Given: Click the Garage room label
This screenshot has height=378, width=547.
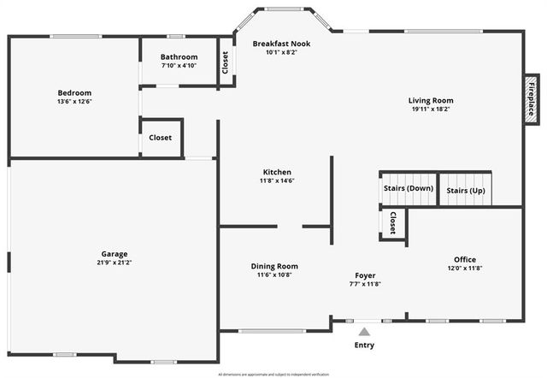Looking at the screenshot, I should (115, 254).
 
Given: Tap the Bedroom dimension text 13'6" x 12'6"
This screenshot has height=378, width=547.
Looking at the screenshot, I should (74, 102).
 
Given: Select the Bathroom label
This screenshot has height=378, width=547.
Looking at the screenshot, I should (179, 57).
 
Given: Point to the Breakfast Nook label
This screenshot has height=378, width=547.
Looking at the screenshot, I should (281, 44).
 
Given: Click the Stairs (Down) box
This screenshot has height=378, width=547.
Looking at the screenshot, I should (408, 188).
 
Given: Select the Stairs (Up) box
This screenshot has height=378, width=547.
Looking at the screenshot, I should (466, 189).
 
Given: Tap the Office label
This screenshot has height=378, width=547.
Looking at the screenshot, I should (465, 259).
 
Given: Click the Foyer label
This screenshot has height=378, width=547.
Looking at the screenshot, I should (365, 275).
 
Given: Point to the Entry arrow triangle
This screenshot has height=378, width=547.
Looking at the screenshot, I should (364, 331).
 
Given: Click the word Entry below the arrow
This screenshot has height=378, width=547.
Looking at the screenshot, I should (364, 346).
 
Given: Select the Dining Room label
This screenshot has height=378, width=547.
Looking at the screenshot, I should (274, 266).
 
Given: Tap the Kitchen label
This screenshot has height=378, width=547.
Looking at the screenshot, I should (277, 172).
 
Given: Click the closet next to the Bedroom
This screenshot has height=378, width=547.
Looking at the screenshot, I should (161, 138).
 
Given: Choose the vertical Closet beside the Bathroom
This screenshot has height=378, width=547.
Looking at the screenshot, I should (226, 62).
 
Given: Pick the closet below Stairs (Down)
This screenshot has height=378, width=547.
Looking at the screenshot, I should (392, 222).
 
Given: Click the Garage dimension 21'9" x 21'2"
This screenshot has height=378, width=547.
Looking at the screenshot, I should (115, 263).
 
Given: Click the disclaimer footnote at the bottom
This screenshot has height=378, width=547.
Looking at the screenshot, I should (273, 374).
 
